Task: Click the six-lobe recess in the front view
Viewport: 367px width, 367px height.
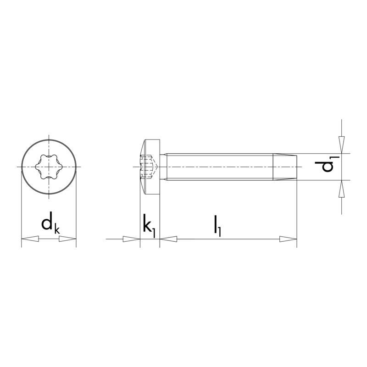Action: [x=49, y=166]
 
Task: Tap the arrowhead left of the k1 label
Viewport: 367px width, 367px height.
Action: [x=131, y=239]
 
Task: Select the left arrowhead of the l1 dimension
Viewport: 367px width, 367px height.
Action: [x=168, y=239]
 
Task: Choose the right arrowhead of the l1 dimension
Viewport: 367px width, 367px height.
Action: [x=289, y=239]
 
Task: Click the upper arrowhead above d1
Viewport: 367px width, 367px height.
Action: [x=341, y=142]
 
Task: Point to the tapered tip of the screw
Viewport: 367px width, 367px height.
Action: [x=285, y=167]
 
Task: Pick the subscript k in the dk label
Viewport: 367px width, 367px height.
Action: [x=57, y=229]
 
